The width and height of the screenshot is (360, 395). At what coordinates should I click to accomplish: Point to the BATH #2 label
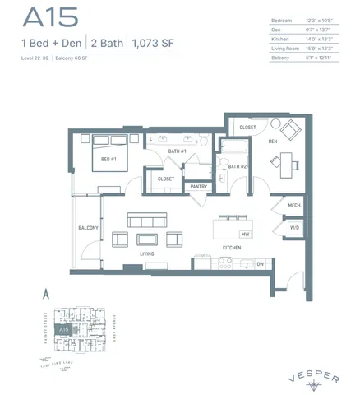click(x=238, y=167)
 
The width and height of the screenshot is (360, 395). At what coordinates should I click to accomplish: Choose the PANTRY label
click(x=197, y=187)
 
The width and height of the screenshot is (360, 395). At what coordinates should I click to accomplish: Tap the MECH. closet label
click(x=294, y=205)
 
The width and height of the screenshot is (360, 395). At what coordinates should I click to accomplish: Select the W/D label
click(x=294, y=227)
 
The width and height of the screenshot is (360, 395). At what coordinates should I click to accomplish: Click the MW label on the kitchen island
click(x=245, y=234)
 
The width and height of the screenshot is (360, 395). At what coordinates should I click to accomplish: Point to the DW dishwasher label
click(x=260, y=264)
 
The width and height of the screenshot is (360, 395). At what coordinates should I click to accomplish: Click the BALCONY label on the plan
click(x=88, y=228)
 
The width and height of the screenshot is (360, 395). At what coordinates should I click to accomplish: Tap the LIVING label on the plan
click(x=148, y=255)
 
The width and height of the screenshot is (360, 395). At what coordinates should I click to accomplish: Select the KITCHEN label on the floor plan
click(x=231, y=248)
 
